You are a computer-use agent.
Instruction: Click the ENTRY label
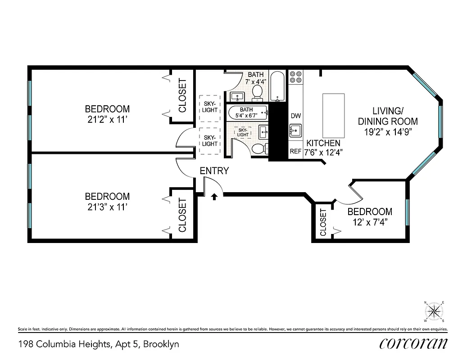[214, 171]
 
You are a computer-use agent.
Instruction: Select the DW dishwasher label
[295, 116]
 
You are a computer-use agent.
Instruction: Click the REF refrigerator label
[295, 152]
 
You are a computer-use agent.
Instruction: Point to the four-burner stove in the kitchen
[295, 76]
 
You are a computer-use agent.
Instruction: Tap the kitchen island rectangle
[334, 116]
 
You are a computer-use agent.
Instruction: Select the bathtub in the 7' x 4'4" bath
[277, 86]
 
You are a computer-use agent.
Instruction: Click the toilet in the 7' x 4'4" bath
[258, 92]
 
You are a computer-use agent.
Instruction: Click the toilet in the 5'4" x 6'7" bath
[258, 149]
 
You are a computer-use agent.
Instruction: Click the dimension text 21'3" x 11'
[108, 207]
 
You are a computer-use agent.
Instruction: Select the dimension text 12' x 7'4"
[370, 222]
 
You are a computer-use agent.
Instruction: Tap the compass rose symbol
[434, 311]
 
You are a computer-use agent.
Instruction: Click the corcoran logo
[413, 343]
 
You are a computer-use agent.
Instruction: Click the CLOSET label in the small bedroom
[323, 223]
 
